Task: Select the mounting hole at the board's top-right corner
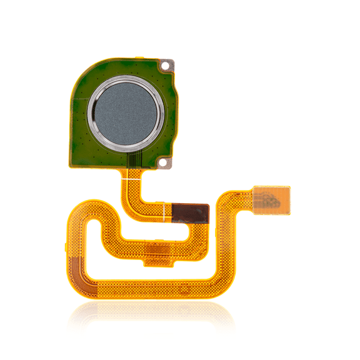pyautogui.click(x=166, y=64)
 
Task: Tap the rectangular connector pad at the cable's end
pyautogui.click(x=272, y=199)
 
